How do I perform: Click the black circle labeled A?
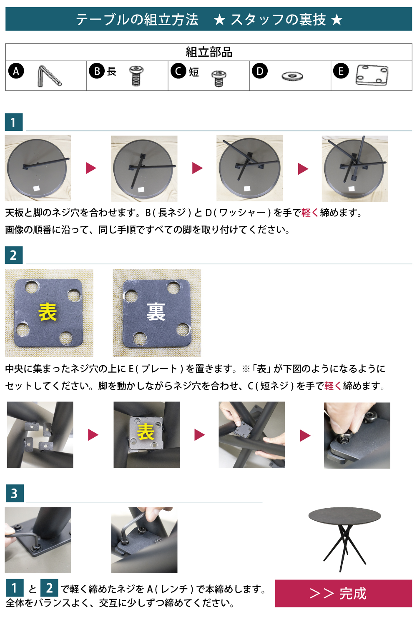[x=16, y=71]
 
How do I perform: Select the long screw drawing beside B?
[x=136, y=75]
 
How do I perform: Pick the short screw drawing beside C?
[x=219, y=78]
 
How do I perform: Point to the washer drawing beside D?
[x=292, y=76]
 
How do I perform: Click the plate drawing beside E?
[x=372, y=75]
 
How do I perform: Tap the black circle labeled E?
[x=341, y=71]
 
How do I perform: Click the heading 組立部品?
[x=209, y=52]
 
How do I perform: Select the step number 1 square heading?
[x=14, y=122]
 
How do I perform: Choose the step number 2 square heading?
[x=14, y=255]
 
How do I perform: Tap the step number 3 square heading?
[x=15, y=493]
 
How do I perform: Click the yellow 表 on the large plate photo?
[x=48, y=312]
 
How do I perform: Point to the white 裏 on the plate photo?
[x=156, y=312]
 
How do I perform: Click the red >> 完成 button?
[x=344, y=593]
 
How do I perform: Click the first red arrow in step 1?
[x=91, y=168]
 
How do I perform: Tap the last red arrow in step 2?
[x=305, y=436]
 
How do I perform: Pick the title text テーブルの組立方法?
[x=137, y=20]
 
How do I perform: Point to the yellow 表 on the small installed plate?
[x=146, y=432]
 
